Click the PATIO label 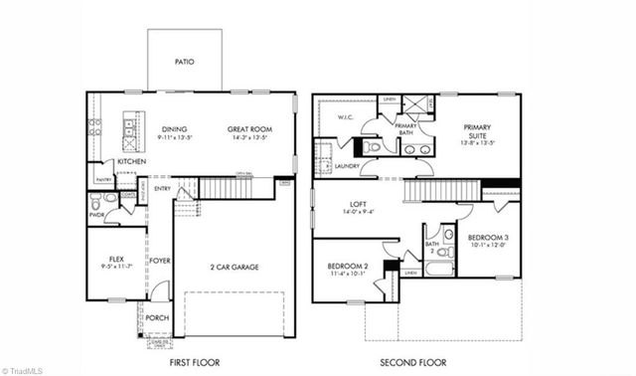tap(185, 62)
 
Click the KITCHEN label tap(132, 161)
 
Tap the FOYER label tap(160, 261)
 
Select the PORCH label tap(157, 318)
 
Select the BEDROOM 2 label tap(349, 266)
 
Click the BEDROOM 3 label tap(488, 237)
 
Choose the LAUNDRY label tap(347, 166)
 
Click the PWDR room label tap(97, 214)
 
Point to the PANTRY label tap(103, 180)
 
